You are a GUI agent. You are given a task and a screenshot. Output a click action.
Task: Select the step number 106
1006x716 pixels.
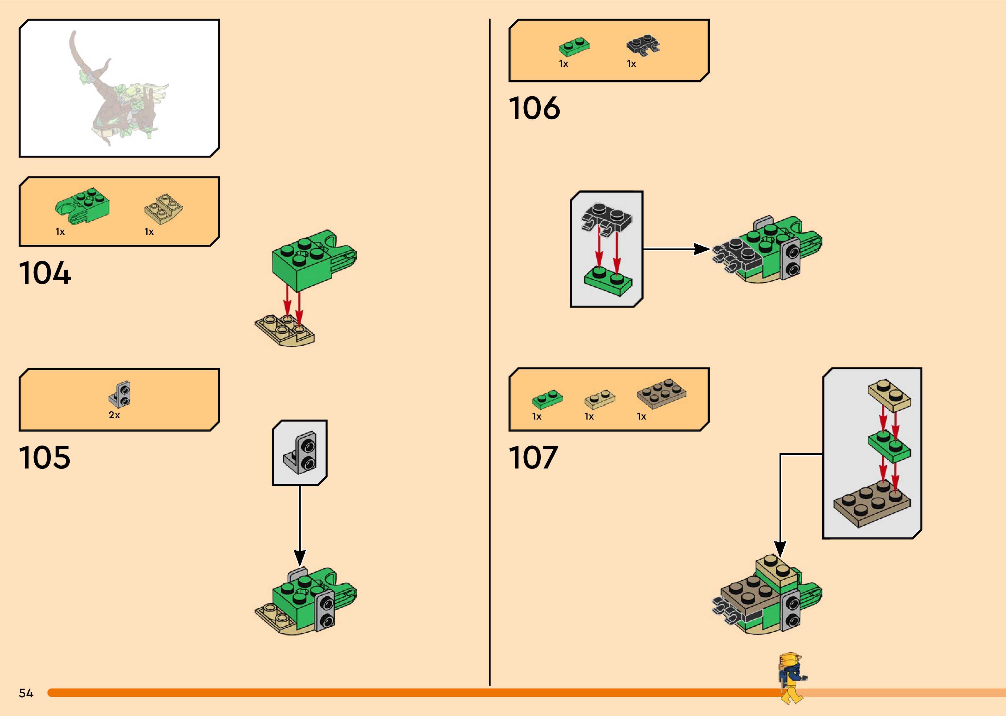(x=534, y=109)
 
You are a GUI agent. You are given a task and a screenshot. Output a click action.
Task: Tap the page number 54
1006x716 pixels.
(x=26, y=693)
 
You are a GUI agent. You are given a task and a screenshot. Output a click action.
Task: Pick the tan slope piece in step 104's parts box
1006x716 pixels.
(x=163, y=208)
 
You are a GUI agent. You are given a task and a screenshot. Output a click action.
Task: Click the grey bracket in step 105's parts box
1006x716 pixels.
(x=120, y=394)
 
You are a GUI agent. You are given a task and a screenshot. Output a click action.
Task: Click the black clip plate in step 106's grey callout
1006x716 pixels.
(x=607, y=217)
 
